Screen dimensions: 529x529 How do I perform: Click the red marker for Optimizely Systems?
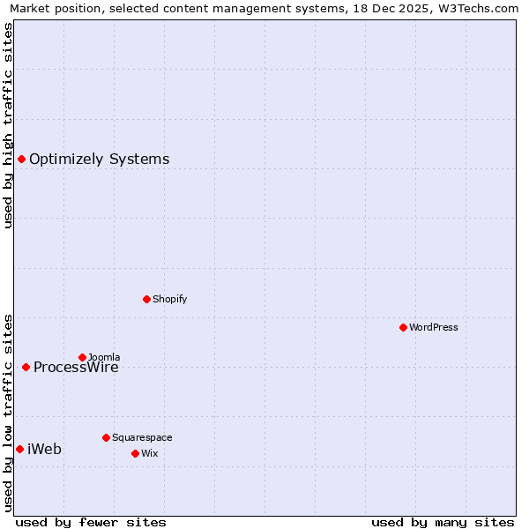tap(21, 159)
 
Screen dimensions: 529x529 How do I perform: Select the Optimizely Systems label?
tap(99, 160)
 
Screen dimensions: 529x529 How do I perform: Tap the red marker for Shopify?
tap(146, 299)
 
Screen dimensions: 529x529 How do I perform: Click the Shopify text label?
tap(169, 299)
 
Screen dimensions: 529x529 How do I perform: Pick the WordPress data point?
tap(403, 327)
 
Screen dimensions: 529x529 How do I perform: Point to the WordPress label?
tap(433, 327)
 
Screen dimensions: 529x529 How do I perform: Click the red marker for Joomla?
tap(82, 357)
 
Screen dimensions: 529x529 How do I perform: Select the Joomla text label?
tap(104, 357)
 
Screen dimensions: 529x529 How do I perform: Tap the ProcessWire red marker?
tap(26, 367)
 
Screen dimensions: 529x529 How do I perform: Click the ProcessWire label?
tap(76, 368)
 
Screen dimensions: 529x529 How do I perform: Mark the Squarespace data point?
tap(106, 437)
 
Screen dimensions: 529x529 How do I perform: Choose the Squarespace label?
tap(142, 437)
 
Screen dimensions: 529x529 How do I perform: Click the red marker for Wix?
tap(135, 453)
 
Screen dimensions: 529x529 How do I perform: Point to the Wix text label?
tap(149, 453)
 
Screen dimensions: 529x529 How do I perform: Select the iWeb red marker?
tap(19, 449)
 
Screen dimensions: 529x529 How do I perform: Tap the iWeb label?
tap(44, 450)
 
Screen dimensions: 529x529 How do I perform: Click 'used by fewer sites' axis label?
tap(91, 522)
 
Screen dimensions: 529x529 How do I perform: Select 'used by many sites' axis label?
tap(443, 522)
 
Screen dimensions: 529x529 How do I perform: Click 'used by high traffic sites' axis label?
tap(9, 125)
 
